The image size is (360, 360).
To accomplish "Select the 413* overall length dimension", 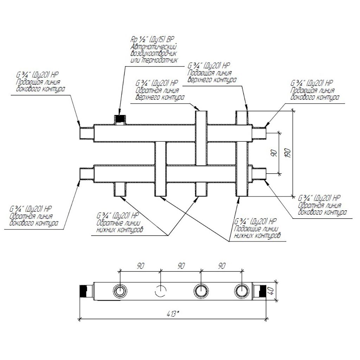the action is coord(173,313).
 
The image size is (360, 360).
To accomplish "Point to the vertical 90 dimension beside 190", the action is coord(274,153).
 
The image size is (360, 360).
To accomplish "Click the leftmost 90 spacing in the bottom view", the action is coord(141,266).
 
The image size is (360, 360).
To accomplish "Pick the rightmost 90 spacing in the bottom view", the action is coord(221,266).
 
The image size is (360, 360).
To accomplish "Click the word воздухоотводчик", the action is coord(153,54).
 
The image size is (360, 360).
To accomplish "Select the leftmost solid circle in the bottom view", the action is coord(120,291).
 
